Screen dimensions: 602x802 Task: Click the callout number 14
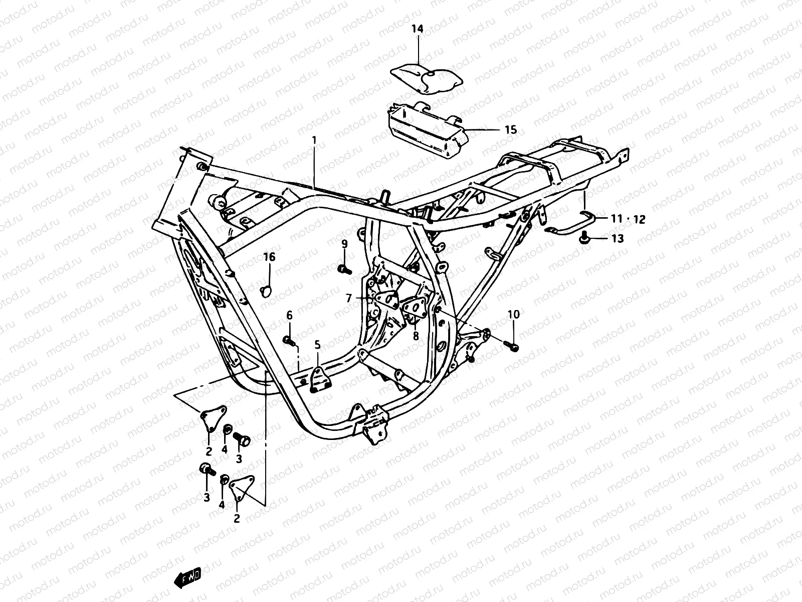click(x=418, y=29)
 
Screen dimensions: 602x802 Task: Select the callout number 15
click(x=510, y=130)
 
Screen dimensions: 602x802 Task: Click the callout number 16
click(x=269, y=257)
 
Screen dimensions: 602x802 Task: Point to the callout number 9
click(x=344, y=244)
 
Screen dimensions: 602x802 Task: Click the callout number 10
click(x=514, y=315)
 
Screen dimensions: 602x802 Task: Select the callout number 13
click(x=618, y=239)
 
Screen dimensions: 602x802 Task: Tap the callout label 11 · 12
click(x=628, y=219)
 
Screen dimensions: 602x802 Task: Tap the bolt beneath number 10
click(x=511, y=345)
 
